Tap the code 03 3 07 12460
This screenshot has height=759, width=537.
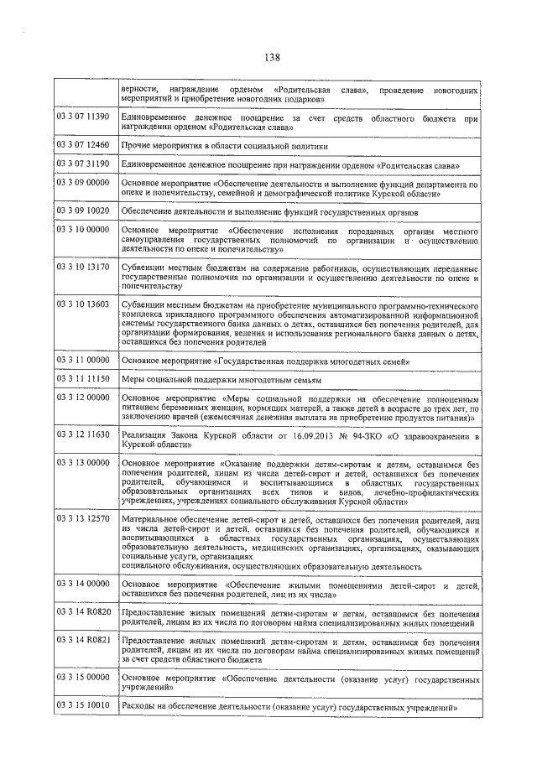tap(83, 144)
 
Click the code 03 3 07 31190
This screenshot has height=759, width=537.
tap(83, 164)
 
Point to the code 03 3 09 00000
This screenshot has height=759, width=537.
tap(83, 182)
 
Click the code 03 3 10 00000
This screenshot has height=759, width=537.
tap(83, 229)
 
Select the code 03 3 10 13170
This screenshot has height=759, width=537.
tap(83, 267)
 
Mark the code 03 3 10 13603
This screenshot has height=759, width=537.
tap(83, 304)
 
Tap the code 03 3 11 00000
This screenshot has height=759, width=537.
tap(83, 360)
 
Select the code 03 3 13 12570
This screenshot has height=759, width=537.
tap(83, 519)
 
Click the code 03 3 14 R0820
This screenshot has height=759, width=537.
tap(83, 614)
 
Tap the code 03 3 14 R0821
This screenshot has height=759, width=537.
tap(83, 641)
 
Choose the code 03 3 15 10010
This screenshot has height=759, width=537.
tap(83, 706)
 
